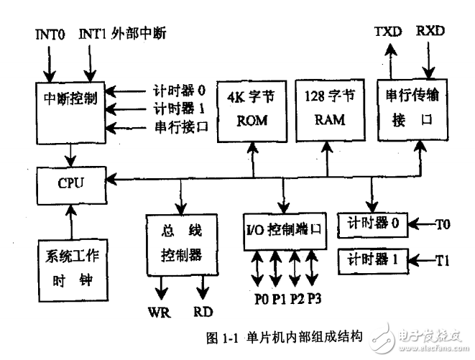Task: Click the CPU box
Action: [71, 184]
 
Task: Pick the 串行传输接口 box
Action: [407, 109]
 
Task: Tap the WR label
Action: [160, 314]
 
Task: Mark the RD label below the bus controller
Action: [203, 314]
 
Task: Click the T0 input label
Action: [446, 224]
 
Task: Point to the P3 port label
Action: [315, 299]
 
